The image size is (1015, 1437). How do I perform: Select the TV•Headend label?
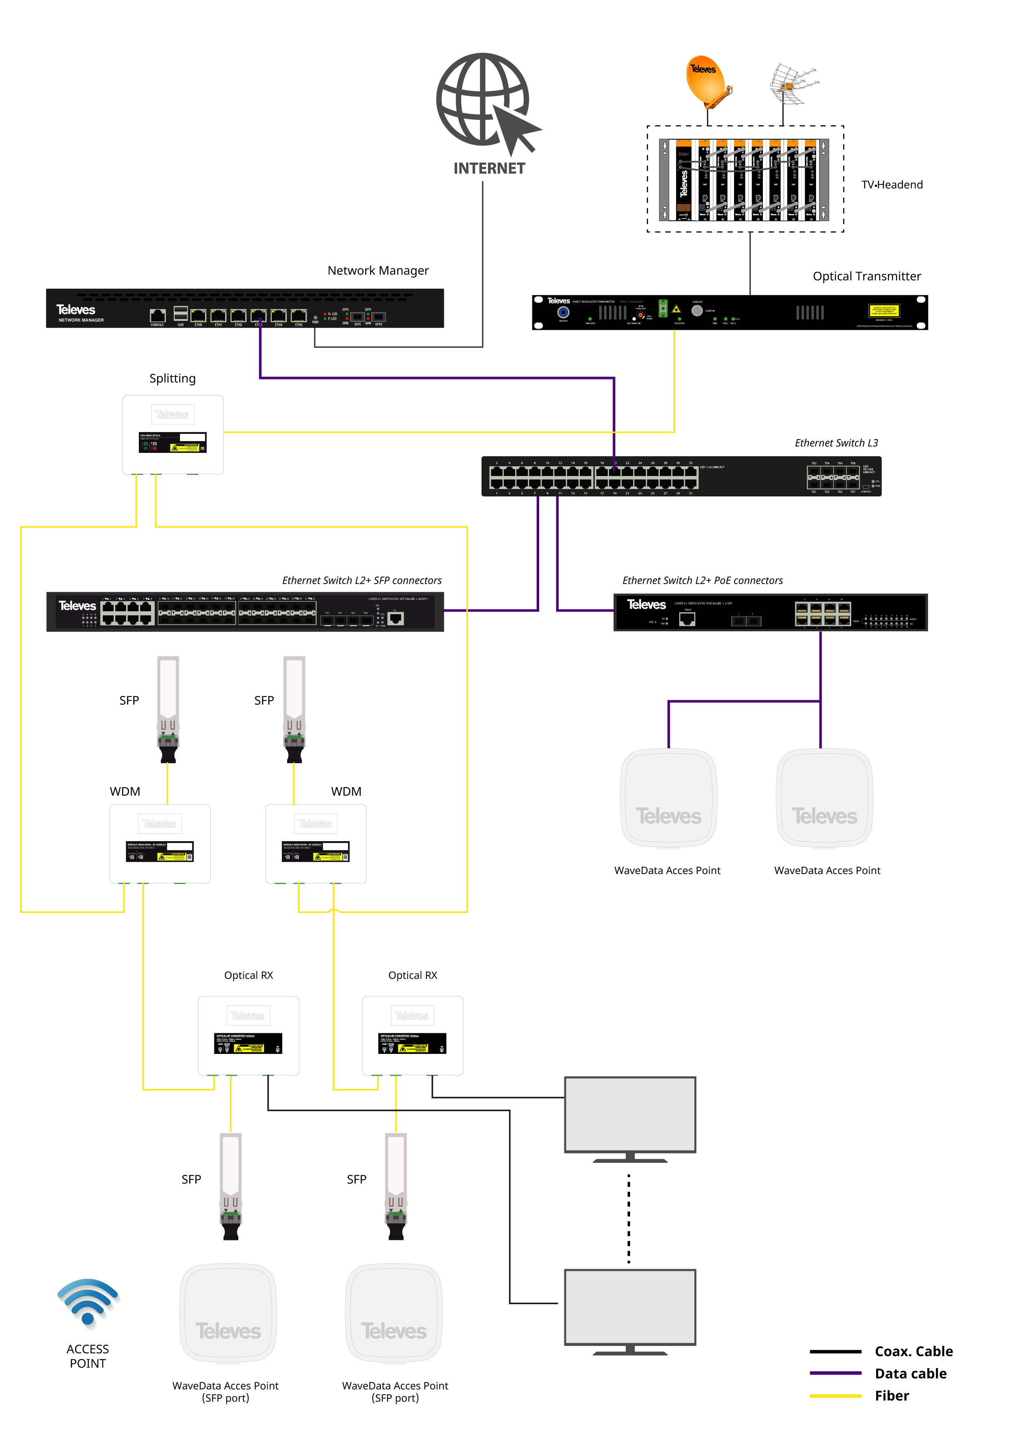[x=892, y=185]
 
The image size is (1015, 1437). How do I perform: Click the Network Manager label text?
[x=378, y=271]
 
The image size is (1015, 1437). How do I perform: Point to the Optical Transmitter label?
[x=867, y=276]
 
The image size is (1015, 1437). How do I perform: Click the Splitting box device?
[x=173, y=434]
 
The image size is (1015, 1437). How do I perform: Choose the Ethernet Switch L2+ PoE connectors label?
[x=702, y=580]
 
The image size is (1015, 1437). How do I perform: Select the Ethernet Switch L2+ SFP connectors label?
[x=362, y=580]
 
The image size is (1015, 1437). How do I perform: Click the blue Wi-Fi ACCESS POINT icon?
[x=88, y=1302]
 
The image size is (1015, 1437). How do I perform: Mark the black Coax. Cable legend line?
[x=836, y=1351]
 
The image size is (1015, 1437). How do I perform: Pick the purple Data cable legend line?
[x=836, y=1373]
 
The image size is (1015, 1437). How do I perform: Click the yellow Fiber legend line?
[x=836, y=1396]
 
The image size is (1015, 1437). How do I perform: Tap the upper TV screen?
[x=630, y=1114]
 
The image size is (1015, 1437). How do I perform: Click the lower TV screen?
[x=630, y=1307]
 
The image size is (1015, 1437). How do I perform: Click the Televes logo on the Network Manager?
[x=76, y=310]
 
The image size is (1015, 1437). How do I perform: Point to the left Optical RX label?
[x=248, y=975]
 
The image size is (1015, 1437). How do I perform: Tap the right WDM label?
[x=346, y=791]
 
